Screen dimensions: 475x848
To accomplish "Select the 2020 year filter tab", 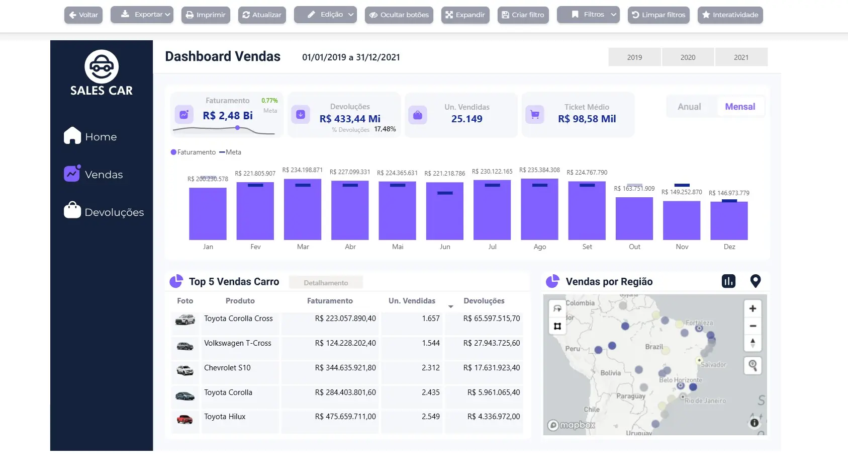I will tap(688, 57).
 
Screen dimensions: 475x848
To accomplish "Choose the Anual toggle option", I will tap(689, 107).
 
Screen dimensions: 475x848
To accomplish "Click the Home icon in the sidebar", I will tap(72, 135).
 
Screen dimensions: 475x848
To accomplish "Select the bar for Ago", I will tap(539, 209).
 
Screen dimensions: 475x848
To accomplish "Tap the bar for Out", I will tap(634, 218).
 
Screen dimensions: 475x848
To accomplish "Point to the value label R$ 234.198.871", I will tap(302, 170).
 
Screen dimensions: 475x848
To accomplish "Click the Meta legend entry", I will tap(230, 152).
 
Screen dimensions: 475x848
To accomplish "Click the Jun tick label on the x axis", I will tap(445, 247).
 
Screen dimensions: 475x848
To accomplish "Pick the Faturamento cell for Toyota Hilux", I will tap(345, 417).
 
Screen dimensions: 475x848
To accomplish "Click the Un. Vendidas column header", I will tap(412, 301).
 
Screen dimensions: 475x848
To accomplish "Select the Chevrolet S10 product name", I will tap(227, 368).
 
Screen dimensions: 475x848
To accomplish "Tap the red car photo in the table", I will tap(184, 419).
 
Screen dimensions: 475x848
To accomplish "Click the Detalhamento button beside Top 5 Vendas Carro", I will tap(326, 283).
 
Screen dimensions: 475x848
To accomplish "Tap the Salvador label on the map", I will tap(713, 365).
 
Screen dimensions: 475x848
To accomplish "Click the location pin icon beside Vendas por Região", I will tap(755, 281).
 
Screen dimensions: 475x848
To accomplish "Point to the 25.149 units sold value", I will tap(466, 119).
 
